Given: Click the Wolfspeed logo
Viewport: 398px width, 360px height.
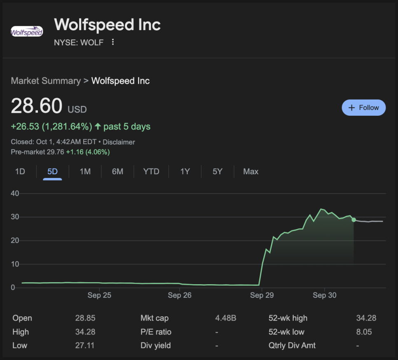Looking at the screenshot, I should [x=27, y=31].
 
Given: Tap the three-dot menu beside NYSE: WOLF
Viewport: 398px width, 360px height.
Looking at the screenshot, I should [x=113, y=42].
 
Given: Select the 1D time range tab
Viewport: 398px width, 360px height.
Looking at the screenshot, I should [x=20, y=171].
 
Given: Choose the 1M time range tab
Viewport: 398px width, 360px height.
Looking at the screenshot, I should [x=85, y=171].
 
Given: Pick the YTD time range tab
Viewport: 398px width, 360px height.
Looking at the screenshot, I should [x=151, y=171].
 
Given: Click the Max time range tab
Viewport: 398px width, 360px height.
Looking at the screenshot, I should [x=251, y=171].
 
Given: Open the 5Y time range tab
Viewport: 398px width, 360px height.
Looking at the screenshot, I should [x=217, y=171].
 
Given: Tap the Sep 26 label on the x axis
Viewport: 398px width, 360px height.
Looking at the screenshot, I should [x=180, y=295].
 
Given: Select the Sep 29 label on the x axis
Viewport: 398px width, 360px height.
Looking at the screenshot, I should [x=262, y=295].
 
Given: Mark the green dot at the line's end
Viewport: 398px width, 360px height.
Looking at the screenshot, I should [x=354, y=220].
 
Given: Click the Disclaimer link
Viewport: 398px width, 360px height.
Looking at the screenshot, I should [x=119, y=142].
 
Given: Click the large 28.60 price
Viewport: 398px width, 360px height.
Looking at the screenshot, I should [x=37, y=106].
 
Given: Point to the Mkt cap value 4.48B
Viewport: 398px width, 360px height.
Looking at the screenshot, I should [x=225, y=318].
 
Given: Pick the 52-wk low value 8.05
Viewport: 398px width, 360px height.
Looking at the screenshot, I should [x=364, y=332].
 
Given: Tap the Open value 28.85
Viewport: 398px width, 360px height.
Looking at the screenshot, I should [x=85, y=318].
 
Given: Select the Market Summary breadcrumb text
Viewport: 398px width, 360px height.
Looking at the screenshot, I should [x=46, y=81].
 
